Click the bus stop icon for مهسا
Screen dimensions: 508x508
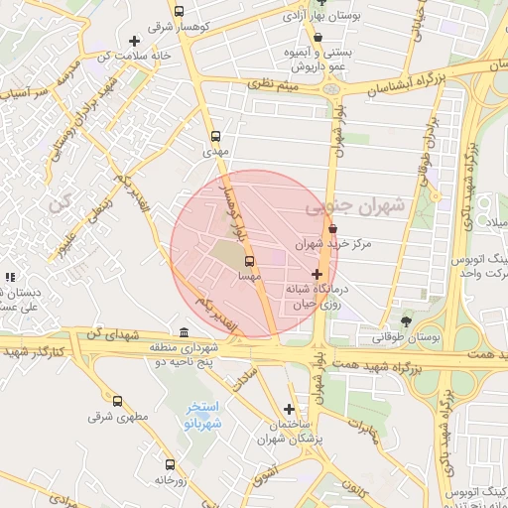pos(247,262)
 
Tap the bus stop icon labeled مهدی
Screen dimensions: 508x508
pos(216,136)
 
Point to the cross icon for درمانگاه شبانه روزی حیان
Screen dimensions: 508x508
pos(317,273)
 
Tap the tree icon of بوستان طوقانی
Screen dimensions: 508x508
pos(406,320)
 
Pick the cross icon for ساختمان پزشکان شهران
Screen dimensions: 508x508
pos(289,409)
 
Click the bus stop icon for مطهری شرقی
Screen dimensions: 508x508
pos(117,401)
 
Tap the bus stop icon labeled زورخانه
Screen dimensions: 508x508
pos(170,463)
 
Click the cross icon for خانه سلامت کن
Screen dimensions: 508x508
pos(134,41)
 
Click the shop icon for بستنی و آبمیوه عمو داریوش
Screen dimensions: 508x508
pos(317,38)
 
